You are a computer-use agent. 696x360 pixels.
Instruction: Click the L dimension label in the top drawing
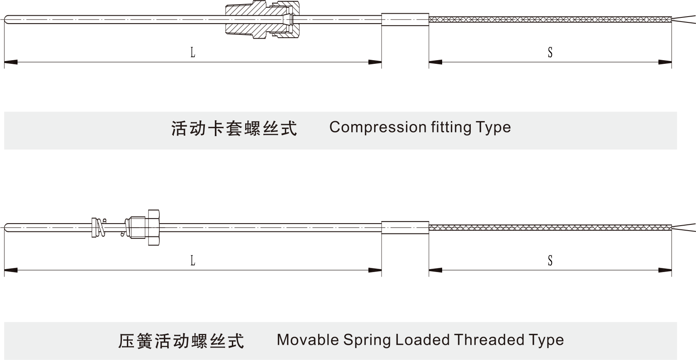[x=192, y=52]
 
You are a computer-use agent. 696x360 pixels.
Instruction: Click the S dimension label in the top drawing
[x=550, y=52]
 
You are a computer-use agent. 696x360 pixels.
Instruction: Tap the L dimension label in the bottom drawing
[x=192, y=260]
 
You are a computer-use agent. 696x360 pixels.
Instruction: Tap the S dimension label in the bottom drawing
[x=550, y=260]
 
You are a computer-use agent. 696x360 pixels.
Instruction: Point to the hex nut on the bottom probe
[x=153, y=227]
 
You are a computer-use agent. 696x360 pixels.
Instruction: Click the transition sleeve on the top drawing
[x=405, y=19]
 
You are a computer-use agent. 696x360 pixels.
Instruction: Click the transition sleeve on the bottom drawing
[x=405, y=227]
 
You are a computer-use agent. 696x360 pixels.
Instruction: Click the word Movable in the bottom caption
[x=308, y=340]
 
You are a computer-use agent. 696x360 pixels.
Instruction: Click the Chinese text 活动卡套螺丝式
[x=234, y=128]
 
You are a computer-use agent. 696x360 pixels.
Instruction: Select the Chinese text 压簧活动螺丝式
[x=181, y=341]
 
